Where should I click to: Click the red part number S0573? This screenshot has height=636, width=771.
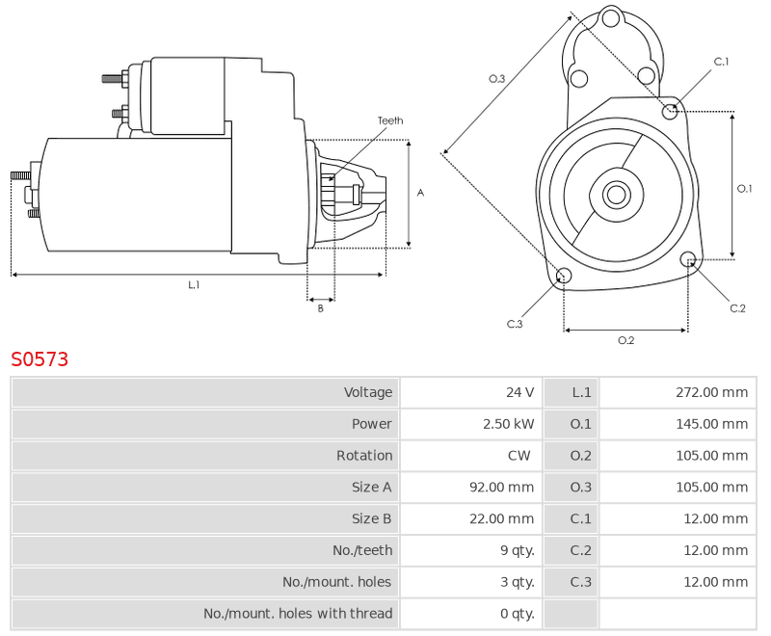point(40,359)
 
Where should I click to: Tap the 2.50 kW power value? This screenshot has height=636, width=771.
point(508,424)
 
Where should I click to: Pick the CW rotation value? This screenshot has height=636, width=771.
point(518,455)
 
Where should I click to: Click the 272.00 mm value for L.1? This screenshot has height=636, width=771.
point(711,392)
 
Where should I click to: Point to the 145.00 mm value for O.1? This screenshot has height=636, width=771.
point(711,424)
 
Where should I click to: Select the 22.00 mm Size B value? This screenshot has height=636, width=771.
point(501,518)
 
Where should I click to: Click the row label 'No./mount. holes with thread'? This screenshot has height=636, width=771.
point(298,614)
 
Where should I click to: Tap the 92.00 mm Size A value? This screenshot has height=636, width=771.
point(501,487)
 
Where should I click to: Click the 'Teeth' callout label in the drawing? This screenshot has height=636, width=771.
point(390,120)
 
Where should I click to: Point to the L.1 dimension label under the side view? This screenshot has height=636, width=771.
point(194,284)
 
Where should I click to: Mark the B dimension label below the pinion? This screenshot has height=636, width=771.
point(321,308)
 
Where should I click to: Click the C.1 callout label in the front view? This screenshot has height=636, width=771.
point(721,62)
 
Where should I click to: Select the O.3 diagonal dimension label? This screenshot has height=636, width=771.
point(496,78)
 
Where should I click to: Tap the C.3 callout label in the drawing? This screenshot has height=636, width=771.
point(515,324)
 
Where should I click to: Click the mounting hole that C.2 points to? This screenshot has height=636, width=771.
point(688,259)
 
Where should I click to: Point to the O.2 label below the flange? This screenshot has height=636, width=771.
point(625,340)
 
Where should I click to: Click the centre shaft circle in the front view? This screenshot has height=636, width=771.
point(616,194)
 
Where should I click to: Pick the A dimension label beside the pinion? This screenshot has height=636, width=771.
point(420,193)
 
